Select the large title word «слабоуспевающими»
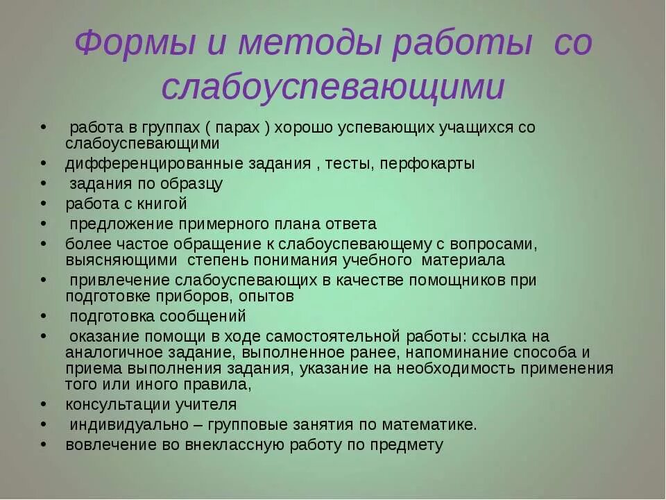point(332,87)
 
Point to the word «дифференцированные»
point(150,164)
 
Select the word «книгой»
point(164,204)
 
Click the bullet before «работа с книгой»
point(44,204)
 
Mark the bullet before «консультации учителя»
point(44,404)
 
